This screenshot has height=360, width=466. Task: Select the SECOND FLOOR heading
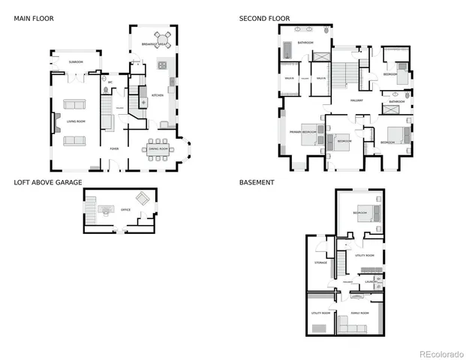(264, 18)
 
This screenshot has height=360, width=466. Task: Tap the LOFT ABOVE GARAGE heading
(48, 182)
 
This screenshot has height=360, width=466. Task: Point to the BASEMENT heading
(257, 182)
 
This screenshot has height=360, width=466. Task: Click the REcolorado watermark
(441, 352)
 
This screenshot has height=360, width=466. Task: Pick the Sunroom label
(76, 61)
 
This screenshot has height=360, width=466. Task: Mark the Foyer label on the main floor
(114, 148)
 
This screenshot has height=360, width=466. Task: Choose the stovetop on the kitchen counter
(161, 66)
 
